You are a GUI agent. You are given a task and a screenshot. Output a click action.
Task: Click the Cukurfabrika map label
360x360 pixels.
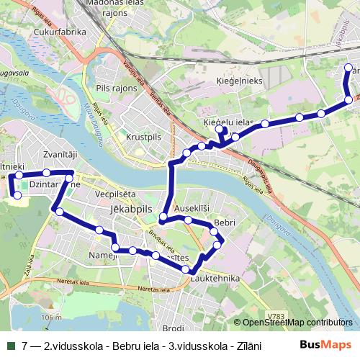[x=60, y=32]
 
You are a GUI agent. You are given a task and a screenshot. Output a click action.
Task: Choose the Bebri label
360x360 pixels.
[x=225, y=223]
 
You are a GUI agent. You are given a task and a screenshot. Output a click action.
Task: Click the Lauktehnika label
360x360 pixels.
[x=215, y=276]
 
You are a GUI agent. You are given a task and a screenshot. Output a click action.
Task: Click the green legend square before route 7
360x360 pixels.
[x=9, y=345]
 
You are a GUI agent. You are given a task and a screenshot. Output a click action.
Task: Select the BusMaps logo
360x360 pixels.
[x=325, y=345]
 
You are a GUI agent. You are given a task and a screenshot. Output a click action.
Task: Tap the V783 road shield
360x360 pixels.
[x=274, y=315]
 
